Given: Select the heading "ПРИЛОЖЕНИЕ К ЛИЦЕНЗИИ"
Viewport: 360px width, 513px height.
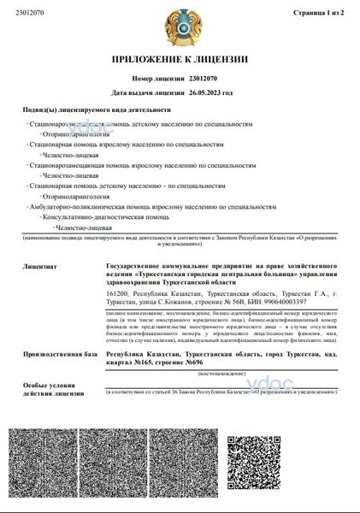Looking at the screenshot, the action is [180, 60].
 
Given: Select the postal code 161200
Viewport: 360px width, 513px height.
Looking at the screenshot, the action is [116, 293].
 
